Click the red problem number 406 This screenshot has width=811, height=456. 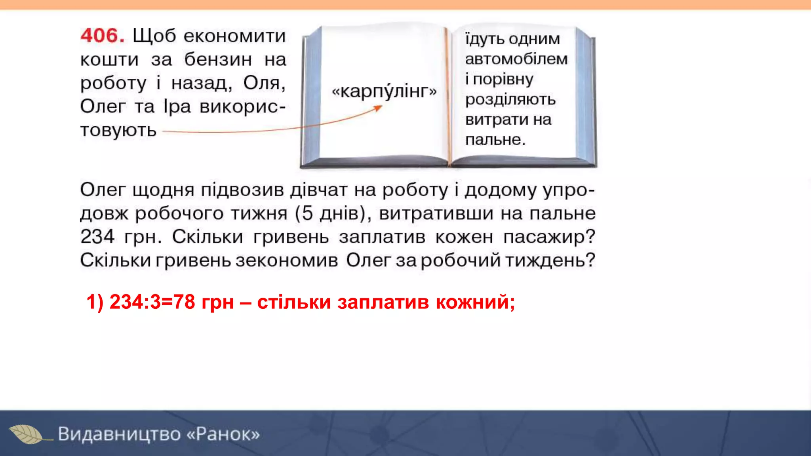pos(102,36)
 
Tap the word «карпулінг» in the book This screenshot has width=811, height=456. pos(384,91)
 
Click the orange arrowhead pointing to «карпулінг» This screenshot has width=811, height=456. pos(378,108)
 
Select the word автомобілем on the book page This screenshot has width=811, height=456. pos(516,59)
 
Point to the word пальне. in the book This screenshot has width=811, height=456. pos(495,140)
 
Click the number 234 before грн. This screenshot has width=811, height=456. pos(97,237)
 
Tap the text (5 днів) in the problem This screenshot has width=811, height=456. pos(333,213)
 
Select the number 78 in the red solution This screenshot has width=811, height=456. pos(184,302)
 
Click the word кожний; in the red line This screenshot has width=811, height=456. pos(475,302)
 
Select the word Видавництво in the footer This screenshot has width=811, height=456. pos(119,434)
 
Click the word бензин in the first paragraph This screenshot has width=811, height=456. pos(218,60)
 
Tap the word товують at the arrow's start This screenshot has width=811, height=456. pos(118,130)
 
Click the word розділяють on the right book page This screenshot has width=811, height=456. pos(510,99)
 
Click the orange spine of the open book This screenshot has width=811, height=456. pos(449,95)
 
